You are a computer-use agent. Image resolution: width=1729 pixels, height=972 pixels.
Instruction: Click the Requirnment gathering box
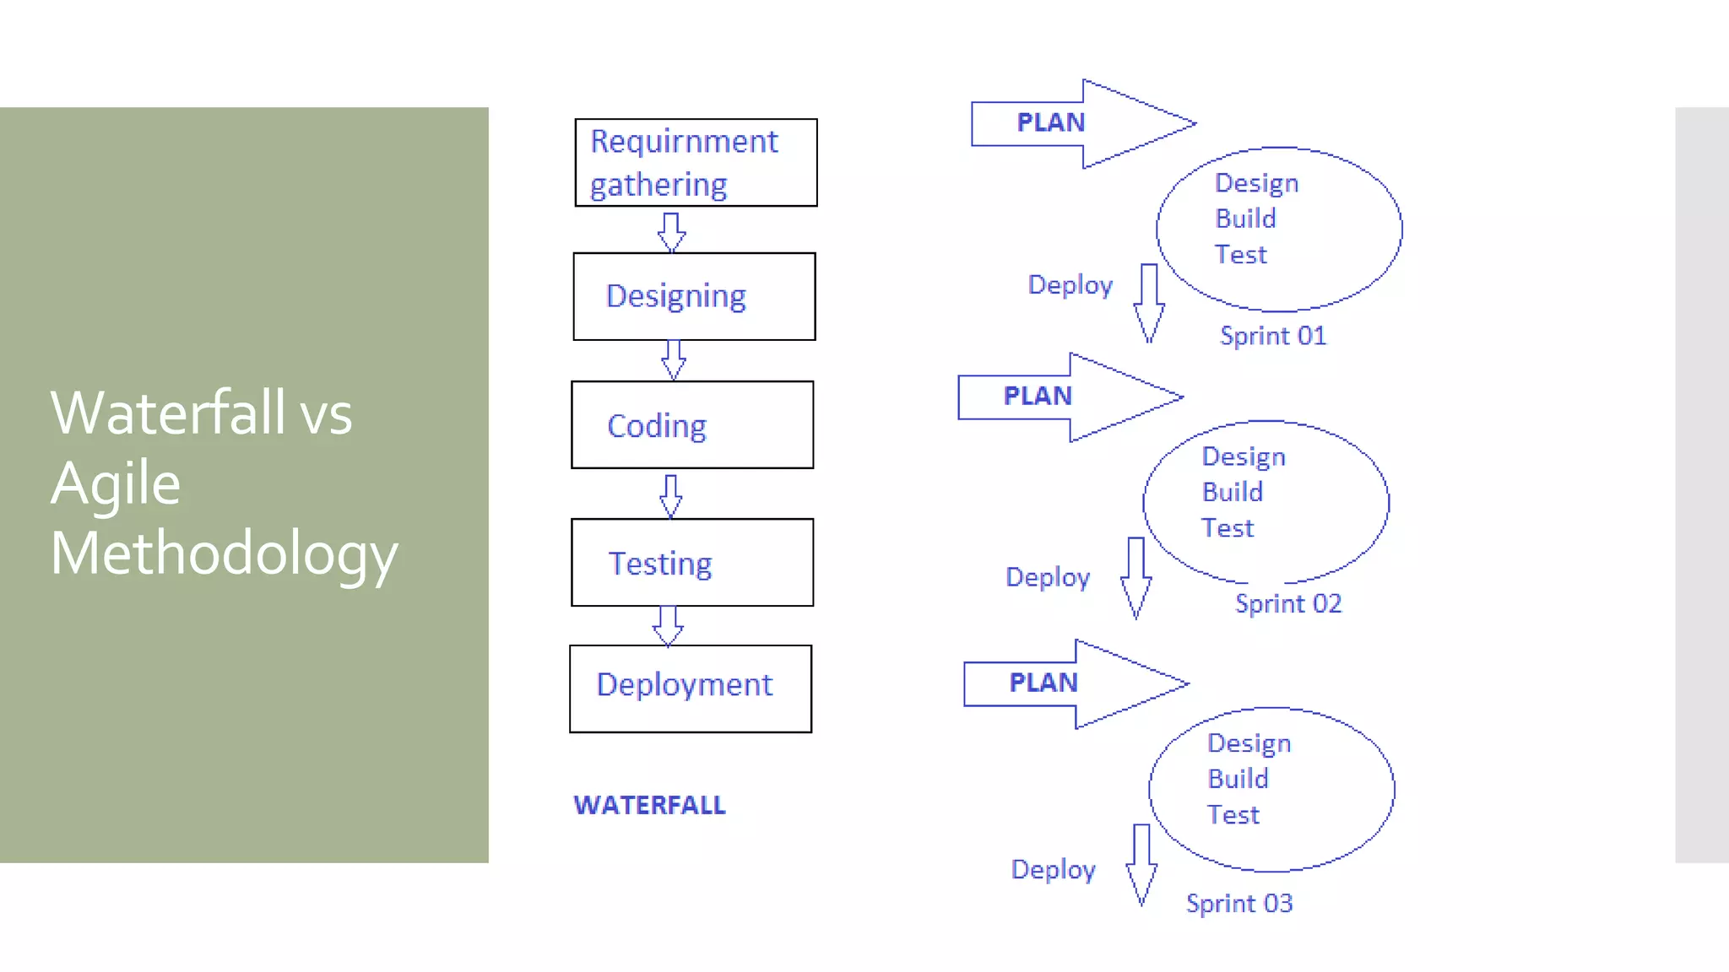tap(696, 162)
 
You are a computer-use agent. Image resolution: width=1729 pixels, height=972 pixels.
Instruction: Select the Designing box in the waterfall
tap(694, 296)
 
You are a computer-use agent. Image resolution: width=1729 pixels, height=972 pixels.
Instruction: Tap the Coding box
tap(692, 424)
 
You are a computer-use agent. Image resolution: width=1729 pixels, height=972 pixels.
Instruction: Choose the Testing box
tap(692, 562)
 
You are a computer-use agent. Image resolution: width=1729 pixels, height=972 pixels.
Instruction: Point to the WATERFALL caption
tap(649, 805)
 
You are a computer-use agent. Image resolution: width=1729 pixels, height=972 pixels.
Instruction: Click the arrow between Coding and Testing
tap(671, 495)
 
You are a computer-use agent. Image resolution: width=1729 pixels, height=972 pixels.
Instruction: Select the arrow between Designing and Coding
tap(674, 360)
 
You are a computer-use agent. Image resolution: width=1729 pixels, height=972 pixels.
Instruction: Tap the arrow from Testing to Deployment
tap(668, 625)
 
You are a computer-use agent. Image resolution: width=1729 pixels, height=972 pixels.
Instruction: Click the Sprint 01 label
tap(1273, 336)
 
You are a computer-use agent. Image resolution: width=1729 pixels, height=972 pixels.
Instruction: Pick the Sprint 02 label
tap(1288, 603)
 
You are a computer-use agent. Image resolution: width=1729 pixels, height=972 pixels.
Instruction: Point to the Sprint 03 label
tap(1239, 904)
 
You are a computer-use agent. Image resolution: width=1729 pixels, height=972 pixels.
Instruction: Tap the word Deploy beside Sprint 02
tap(1048, 577)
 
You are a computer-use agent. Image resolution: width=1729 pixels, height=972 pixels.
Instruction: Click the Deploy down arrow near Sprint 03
tap(1141, 864)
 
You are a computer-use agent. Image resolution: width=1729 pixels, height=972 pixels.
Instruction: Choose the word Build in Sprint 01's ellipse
tap(1245, 219)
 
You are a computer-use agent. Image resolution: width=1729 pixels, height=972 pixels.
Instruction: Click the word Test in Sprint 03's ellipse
tap(1233, 815)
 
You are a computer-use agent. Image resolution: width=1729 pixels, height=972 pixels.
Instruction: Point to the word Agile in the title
tap(116, 483)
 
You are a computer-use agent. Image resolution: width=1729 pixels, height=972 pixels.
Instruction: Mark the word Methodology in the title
tap(224, 554)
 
